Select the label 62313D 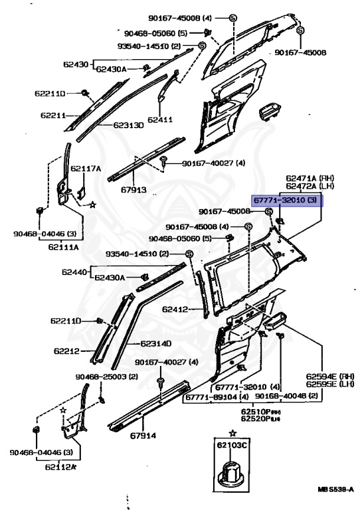point(128,124)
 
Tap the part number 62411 point(160,120)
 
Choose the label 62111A point(62,246)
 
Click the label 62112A point(62,467)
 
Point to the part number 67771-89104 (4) point(217,397)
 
